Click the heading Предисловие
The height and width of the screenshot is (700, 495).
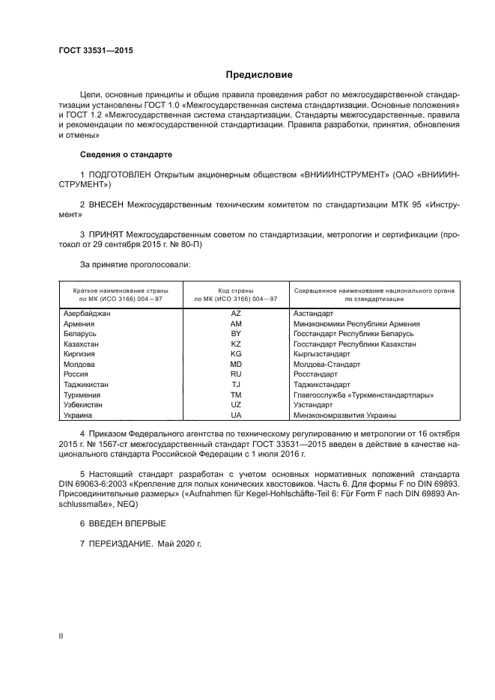coord(259,75)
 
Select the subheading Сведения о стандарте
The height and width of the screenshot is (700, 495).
coord(126,154)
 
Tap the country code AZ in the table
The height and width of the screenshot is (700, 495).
coord(235,314)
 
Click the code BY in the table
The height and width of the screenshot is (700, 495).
coord(235,334)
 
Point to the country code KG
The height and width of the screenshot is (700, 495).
coord(235,354)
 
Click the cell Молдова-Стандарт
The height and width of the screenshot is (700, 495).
coord(327,364)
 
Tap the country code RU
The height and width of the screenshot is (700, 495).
coord(235,374)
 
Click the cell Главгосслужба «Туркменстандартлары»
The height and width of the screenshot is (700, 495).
coord(365,395)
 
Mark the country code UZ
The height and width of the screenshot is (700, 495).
coord(235,404)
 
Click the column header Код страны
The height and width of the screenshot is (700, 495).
coord(235,289)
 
